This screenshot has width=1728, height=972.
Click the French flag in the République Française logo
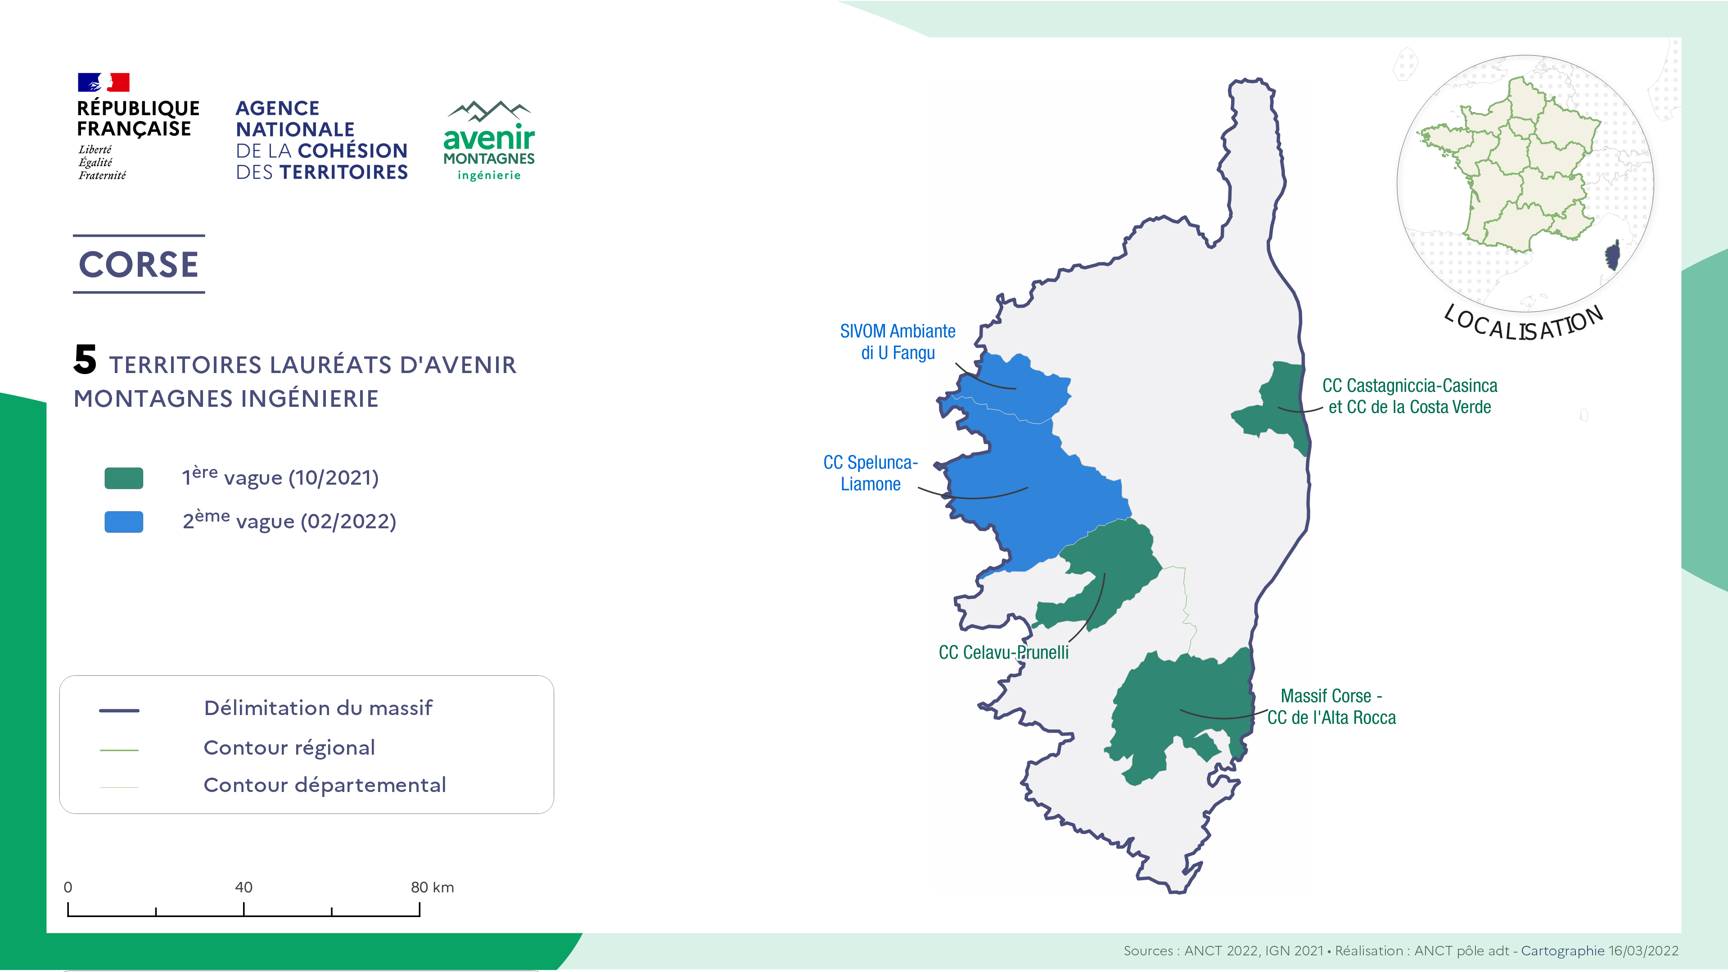[104, 82]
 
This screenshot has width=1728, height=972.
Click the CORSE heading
[139, 264]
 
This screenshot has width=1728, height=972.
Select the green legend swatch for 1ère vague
[124, 478]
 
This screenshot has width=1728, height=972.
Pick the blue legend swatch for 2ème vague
[124, 522]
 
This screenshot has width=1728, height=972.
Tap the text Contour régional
[289, 747]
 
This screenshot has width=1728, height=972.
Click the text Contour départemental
[325, 785]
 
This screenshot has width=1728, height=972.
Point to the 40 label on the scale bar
[244, 887]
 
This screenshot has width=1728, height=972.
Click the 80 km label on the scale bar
[432, 887]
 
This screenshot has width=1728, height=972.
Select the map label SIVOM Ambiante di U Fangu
[898, 342]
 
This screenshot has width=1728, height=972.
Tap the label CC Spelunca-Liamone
[871, 473]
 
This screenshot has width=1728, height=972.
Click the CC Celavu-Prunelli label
[1003, 652]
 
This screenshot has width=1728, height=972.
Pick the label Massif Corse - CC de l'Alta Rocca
[1331, 706]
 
